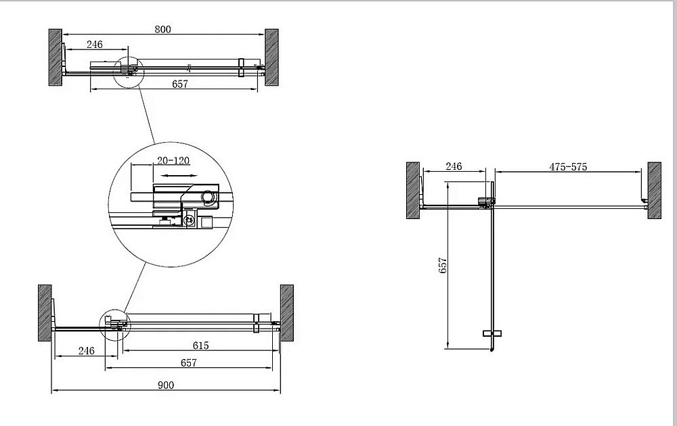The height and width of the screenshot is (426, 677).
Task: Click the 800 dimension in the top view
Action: pos(162,29)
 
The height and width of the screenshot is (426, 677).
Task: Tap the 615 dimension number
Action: pos(200,346)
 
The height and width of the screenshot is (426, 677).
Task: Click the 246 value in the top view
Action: pos(94,45)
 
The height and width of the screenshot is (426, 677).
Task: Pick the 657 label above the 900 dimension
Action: pos(188,363)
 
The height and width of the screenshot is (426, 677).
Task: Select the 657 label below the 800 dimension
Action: pos(179,84)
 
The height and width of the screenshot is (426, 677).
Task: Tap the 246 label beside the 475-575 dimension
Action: pos(454,167)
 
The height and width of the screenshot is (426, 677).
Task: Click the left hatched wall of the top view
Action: pos(56,57)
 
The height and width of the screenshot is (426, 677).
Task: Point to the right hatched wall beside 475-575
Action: pos(654,190)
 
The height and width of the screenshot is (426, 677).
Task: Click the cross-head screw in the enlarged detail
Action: pos(190,220)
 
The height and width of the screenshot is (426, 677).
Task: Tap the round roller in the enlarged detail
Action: pos(209,197)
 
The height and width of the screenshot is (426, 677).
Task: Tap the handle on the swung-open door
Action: pos(492,333)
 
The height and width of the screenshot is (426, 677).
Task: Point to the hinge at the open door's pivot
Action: pos(485,202)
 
